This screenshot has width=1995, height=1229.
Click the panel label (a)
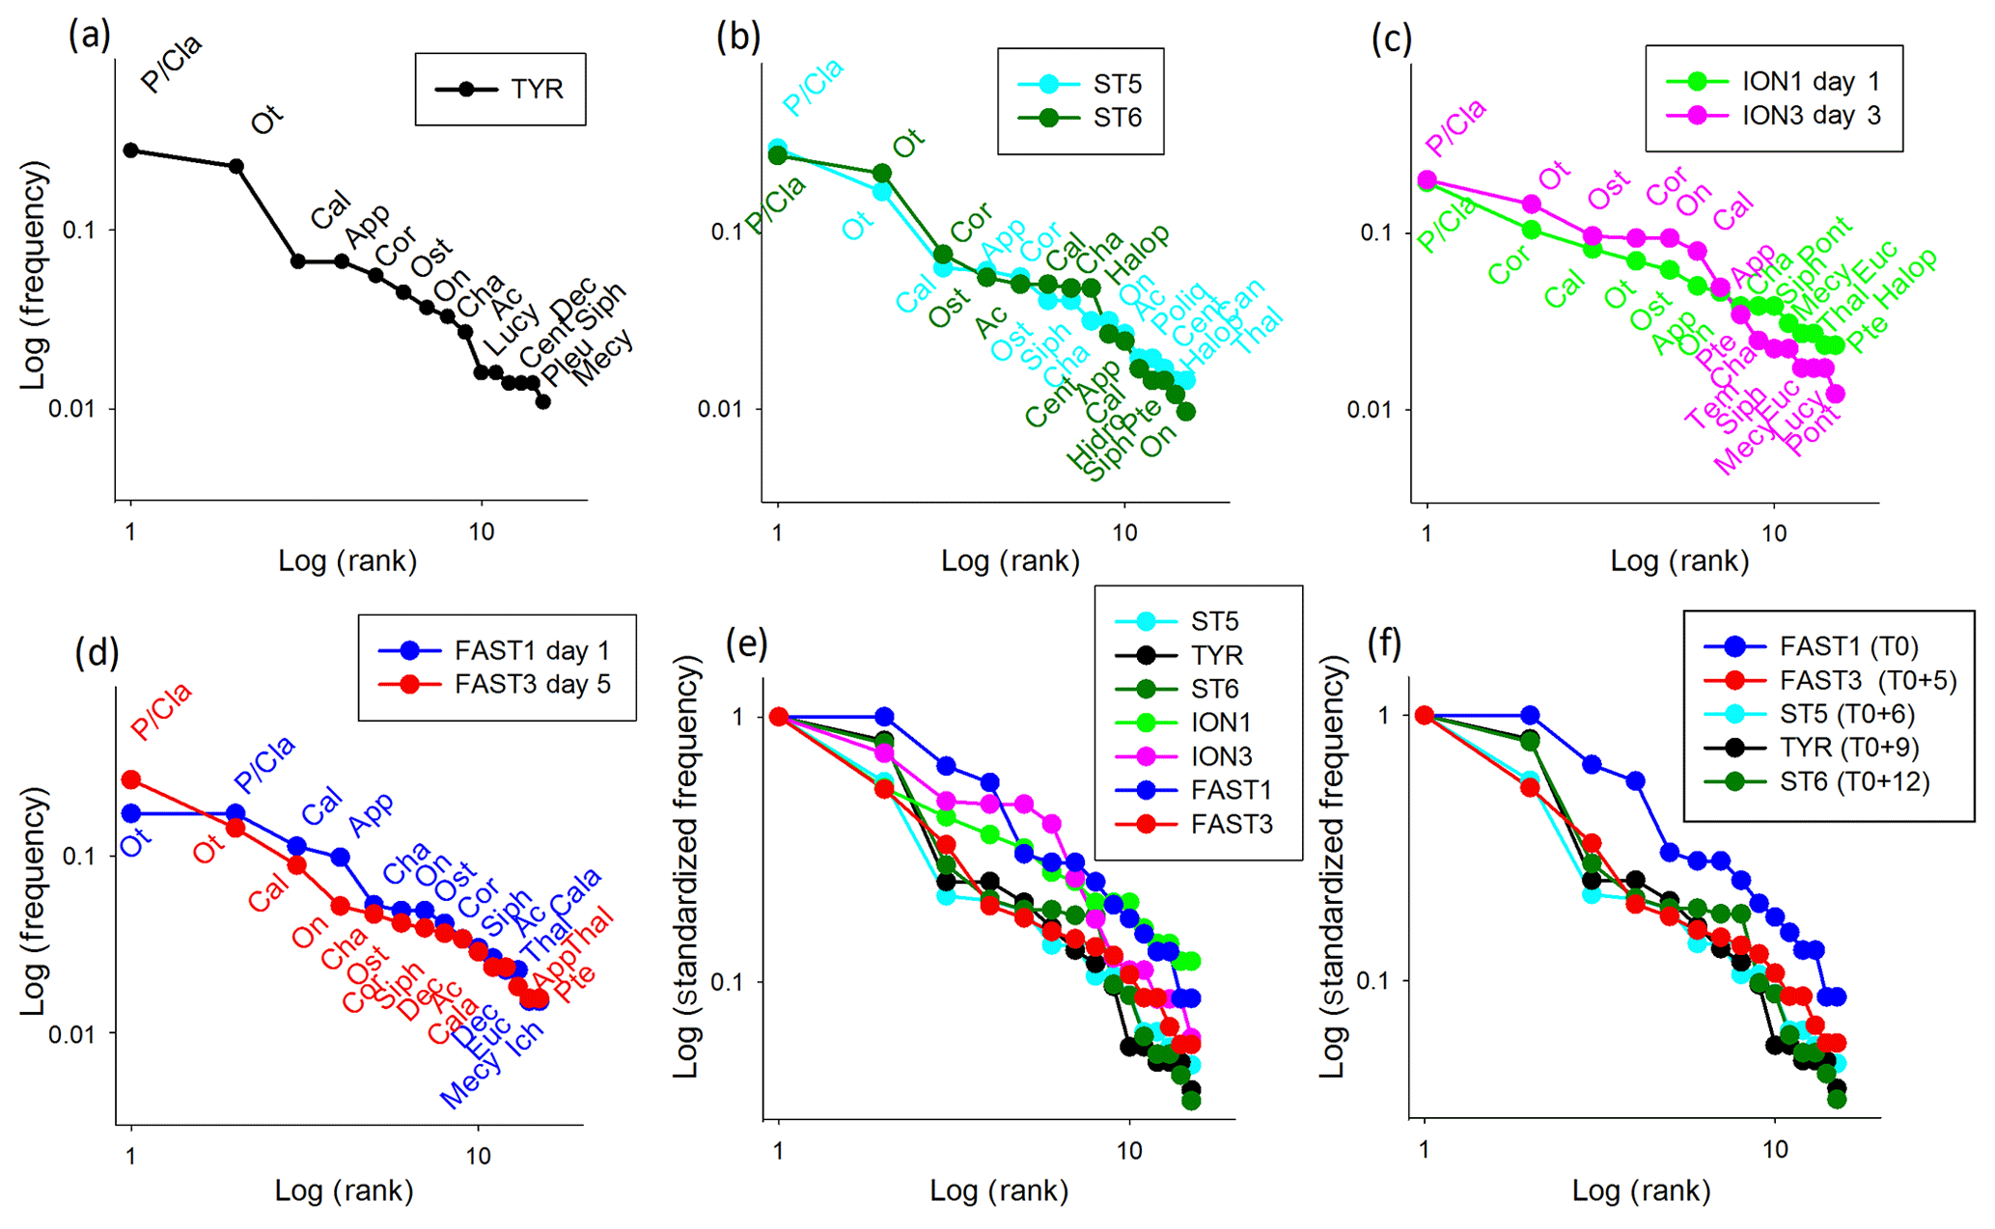coord(90,37)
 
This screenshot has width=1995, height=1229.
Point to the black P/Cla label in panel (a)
coord(171,64)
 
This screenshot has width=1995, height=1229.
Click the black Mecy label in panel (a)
coord(602,357)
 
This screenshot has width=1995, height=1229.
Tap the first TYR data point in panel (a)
coord(131,150)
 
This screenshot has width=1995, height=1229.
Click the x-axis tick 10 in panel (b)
coord(1124,532)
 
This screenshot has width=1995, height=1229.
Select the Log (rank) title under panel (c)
coord(1678,561)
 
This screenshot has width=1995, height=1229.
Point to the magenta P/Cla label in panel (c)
coord(1455,127)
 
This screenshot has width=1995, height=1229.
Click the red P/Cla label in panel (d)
coord(161,711)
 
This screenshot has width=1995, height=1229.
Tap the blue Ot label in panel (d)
coord(135,843)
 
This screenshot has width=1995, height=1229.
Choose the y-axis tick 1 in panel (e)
coord(738,717)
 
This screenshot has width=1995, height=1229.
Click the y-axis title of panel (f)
coord(1333,867)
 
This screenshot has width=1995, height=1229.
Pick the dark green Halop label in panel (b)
coord(1137,253)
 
